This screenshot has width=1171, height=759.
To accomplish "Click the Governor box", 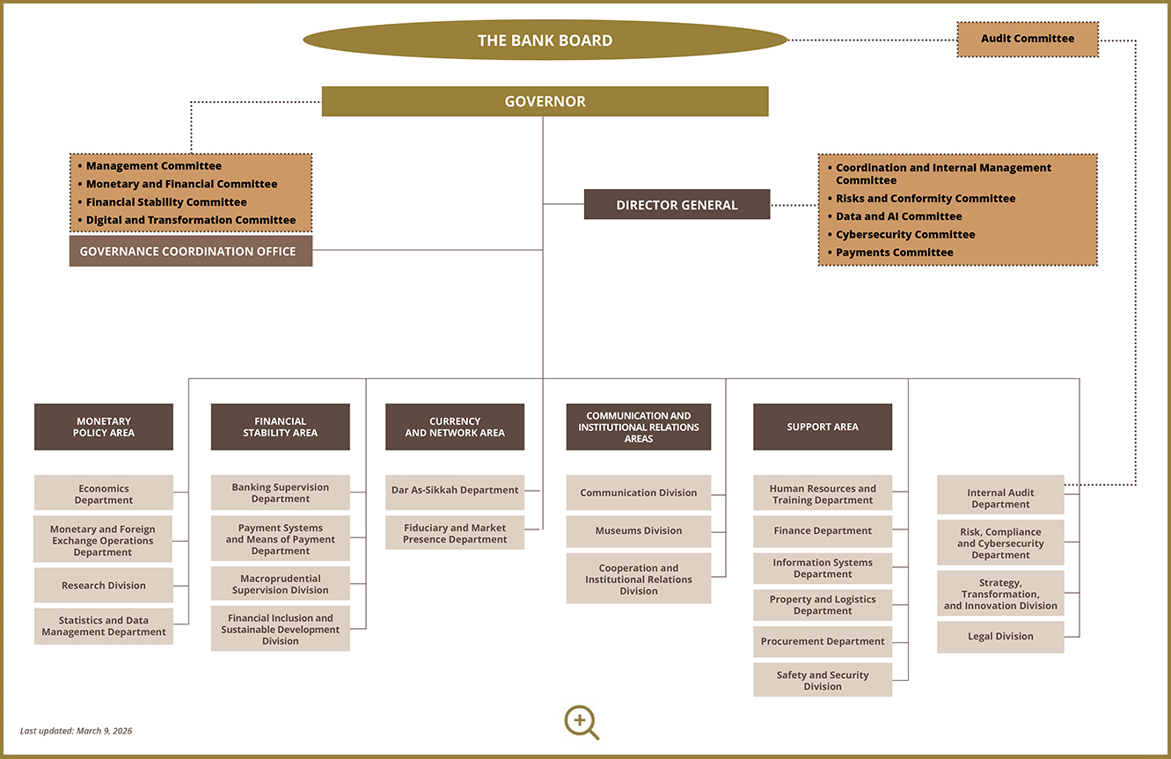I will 545,101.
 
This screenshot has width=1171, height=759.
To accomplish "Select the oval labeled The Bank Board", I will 545,40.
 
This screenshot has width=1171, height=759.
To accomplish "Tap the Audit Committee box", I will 1028,39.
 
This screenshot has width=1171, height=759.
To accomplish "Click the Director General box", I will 677,205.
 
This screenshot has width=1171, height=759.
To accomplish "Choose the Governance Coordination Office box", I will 190,251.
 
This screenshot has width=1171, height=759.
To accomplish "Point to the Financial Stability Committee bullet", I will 166,202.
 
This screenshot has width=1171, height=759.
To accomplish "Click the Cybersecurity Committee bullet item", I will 905,235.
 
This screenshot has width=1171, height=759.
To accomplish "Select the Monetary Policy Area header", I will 104,427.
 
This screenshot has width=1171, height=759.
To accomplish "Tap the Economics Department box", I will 104,494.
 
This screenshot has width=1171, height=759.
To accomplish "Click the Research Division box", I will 104,586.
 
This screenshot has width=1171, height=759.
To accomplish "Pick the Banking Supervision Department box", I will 281,493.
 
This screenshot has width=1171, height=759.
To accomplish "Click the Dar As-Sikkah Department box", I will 455,491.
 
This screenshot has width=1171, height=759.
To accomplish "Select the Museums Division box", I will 639,531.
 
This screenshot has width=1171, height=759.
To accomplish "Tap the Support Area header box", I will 823,427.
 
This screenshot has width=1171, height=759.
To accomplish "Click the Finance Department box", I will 823,531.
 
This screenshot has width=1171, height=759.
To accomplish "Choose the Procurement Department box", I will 823,642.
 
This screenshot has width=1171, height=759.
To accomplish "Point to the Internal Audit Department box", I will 1000,499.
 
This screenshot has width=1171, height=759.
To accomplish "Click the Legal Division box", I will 1000,637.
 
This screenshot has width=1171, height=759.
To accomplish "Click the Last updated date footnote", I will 77,731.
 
